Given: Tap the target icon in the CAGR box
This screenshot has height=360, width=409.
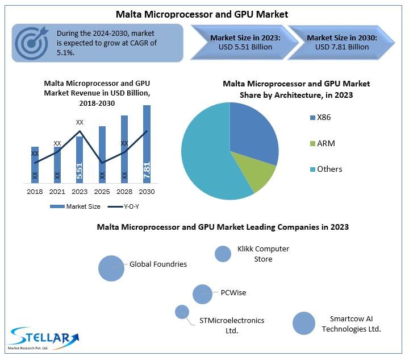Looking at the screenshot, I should click(x=31, y=42).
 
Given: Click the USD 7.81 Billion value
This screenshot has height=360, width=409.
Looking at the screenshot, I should click(x=342, y=47).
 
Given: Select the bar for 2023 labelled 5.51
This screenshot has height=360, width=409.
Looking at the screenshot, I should click(x=80, y=159).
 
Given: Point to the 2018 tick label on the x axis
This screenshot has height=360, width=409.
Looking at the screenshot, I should click(x=35, y=192).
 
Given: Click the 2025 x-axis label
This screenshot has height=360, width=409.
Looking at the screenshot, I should click(x=102, y=192).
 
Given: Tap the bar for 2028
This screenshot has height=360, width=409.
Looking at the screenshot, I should click(x=124, y=148).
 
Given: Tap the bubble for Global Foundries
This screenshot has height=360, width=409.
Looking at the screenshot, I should click(x=111, y=268).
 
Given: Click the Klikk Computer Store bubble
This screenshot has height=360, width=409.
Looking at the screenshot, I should click(x=223, y=254).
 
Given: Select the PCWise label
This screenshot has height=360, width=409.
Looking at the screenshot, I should click(x=233, y=293).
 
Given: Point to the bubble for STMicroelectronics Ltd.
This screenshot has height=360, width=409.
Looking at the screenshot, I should click(x=182, y=312).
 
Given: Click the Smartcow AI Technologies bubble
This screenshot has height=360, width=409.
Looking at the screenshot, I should click(x=303, y=323).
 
